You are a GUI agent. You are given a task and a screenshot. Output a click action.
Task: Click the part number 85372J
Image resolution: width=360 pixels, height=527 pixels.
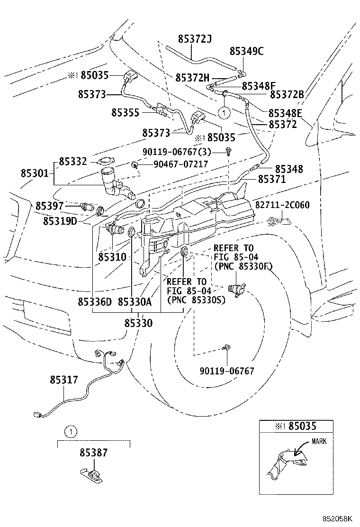click(x=195, y=38)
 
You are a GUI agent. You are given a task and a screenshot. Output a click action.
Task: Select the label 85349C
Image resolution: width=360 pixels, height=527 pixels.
click(x=247, y=51)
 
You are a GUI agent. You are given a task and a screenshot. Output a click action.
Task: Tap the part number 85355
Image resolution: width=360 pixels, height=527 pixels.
click(x=125, y=112)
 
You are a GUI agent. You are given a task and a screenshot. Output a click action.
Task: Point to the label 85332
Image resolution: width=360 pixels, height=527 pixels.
click(x=73, y=162)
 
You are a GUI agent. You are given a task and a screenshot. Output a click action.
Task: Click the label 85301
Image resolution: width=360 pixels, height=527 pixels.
click(x=34, y=173)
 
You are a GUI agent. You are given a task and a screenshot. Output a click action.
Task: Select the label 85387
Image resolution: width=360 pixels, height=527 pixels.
click(x=93, y=453)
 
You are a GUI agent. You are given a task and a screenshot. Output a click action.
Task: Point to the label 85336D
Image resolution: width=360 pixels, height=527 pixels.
click(x=95, y=302)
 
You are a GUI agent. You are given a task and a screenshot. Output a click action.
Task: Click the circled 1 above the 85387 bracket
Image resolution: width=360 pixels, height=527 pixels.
click(x=70, y=431)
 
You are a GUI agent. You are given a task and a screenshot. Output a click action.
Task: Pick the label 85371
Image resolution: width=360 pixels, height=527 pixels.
click(x=272, y=180)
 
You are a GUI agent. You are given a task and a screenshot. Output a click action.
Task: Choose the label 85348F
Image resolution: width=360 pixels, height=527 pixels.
click(x=259, y=86)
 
